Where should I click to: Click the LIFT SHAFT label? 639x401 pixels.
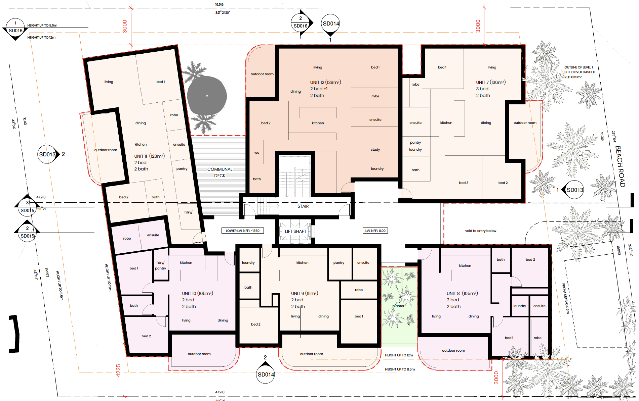(295, 231)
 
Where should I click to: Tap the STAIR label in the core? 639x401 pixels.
(303, 206)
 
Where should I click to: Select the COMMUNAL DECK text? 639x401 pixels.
(220, 172)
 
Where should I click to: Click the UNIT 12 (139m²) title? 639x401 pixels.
(325, 82)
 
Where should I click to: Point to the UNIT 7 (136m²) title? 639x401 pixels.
(491, 82)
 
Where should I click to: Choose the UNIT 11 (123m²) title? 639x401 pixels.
(149, 156)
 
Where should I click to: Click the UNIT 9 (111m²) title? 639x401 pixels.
(305, 293)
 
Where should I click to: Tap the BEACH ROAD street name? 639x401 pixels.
(620, 166)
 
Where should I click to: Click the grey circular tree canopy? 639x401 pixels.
(207, 95)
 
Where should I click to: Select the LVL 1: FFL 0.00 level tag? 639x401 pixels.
(375, 231)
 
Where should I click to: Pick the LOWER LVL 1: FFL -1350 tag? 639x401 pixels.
(242, 231)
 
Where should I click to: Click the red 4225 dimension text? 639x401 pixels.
(118, 370)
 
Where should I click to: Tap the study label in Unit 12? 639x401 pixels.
(375, 150)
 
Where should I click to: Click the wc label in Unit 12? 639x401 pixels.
(257, 153)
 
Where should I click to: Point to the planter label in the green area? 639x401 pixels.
(398, 306)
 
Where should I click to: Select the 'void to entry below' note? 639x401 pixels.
(481, 231)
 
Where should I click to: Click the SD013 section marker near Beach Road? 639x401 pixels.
(574, 190)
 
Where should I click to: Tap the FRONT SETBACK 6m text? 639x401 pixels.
(565, 299)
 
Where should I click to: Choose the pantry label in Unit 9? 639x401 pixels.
(339, 263)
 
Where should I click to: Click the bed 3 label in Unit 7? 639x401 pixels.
(464, 183)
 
